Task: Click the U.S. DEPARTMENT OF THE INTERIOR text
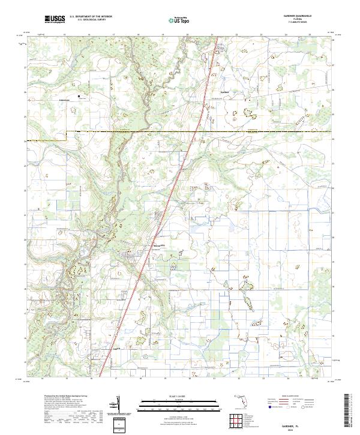(x=91, y=17)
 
